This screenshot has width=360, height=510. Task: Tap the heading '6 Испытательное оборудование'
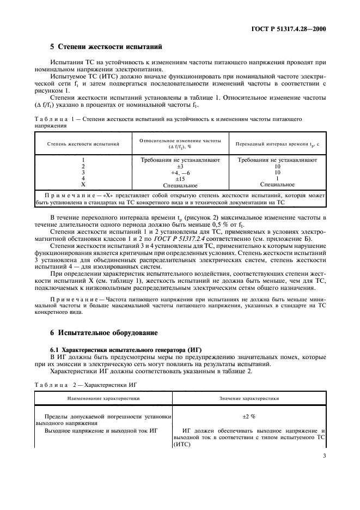pyautogui.click(x=103, y=332)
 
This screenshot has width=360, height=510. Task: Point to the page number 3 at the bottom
pyautogui.click(x=324, y=464)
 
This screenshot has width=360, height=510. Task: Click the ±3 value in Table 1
pyautogui.click(x=180, y=166)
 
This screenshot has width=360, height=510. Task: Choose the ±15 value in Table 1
pyautogui.click(x=180, y=178)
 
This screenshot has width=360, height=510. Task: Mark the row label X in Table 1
pyautogui.click(x=83, y=185)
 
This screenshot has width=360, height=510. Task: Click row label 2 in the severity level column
pyautogui.click(x=83, y=166)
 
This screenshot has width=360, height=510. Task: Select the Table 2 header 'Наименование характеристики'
pyautogui.click(x=103, y=399)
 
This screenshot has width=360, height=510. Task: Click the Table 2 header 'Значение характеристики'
pyautogui.click(x=249, y=399)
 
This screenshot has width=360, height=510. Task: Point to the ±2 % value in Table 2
pyautogui.click(x=249, y=416)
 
